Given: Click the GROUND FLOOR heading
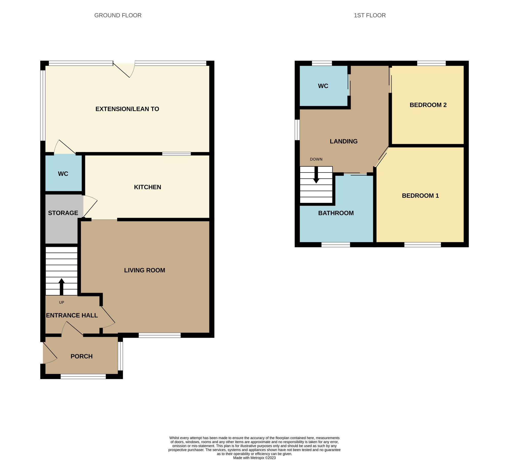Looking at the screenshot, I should tap(118, 15).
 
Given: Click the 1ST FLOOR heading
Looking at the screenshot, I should tap(369, 15).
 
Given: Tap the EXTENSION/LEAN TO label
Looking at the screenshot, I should tap(127, 109).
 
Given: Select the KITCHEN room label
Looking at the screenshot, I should tap(147, 187).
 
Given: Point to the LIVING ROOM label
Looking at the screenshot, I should tap(144, 270).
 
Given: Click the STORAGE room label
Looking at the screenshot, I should tap(63, 213).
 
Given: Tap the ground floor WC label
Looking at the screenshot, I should tap(63, 174).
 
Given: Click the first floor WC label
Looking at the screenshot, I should tap(323, 86).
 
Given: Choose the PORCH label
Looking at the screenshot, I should tap(81, 356).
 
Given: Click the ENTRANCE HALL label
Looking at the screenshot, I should tap(72, 315).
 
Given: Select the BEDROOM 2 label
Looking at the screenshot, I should tap(428, 105).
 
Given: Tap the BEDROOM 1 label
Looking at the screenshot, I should tap(420, 196).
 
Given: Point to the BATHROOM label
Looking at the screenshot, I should tap(336, 213).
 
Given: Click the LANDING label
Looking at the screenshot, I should tap(343, 141).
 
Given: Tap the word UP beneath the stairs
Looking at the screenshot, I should tap(62, 302).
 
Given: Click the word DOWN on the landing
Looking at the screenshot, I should tap(316, 159).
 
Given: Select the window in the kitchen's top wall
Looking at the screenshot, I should tap(176, 154).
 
